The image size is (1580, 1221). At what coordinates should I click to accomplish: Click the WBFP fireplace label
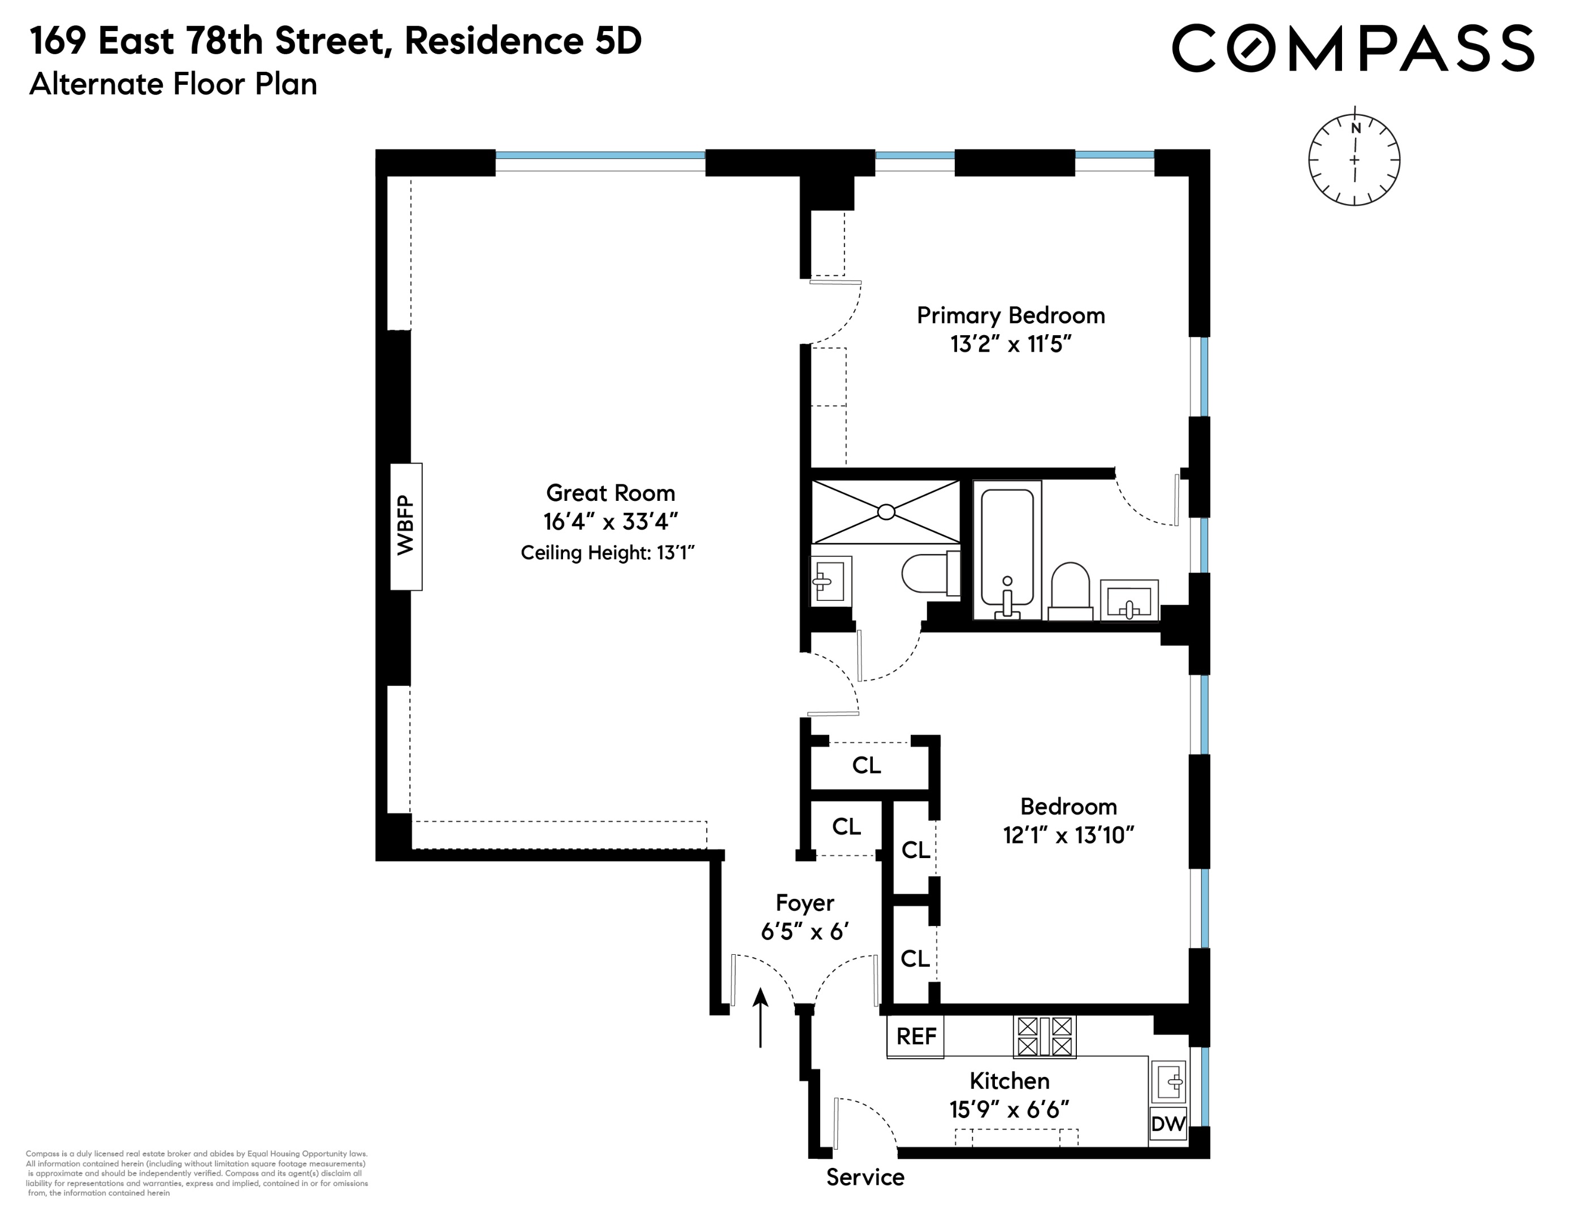pyautogui.click(x=406, y=526)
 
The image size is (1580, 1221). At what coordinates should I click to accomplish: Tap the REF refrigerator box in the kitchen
pyautogui.click(x=915, y=1037)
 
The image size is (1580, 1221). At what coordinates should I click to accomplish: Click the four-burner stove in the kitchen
pyautogui.click(x=1044, y=1037)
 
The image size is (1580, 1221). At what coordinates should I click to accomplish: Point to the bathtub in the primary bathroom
pyautogui.click(x=1007, y=550)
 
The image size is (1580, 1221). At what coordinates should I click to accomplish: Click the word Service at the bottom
pyautogui.click(x=865, y=1177)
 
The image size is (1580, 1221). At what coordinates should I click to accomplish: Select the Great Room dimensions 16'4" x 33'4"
pyautogui.click(x=611, y=522)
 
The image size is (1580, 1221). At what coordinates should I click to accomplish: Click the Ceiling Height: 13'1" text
pyautogui.click(x=607, y=553)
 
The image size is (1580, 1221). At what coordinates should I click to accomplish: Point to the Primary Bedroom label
pyautogui.click(x=1011, y=315)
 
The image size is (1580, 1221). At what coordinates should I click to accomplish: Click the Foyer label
pyautogui.click(x=804, y=903)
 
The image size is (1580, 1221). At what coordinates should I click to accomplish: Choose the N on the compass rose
pyautogui.click(x=1356, y=128)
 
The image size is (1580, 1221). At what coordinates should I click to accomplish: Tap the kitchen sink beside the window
pyautogui.click(x=1168, y=1081)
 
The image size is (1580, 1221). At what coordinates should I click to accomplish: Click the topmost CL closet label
pyautogui.click(x=866, y=765)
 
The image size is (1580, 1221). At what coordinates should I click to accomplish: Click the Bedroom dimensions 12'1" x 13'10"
pyautogui.click(x=1068, y=835)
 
